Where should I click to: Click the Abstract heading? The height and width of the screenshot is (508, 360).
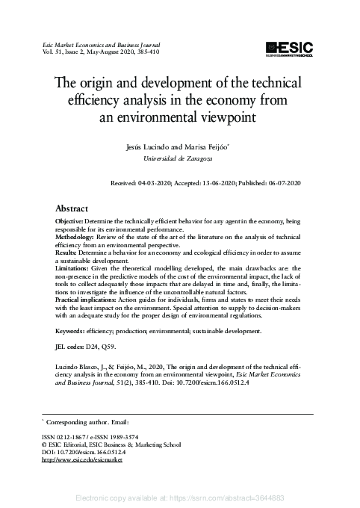click(x=72, y=208)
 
